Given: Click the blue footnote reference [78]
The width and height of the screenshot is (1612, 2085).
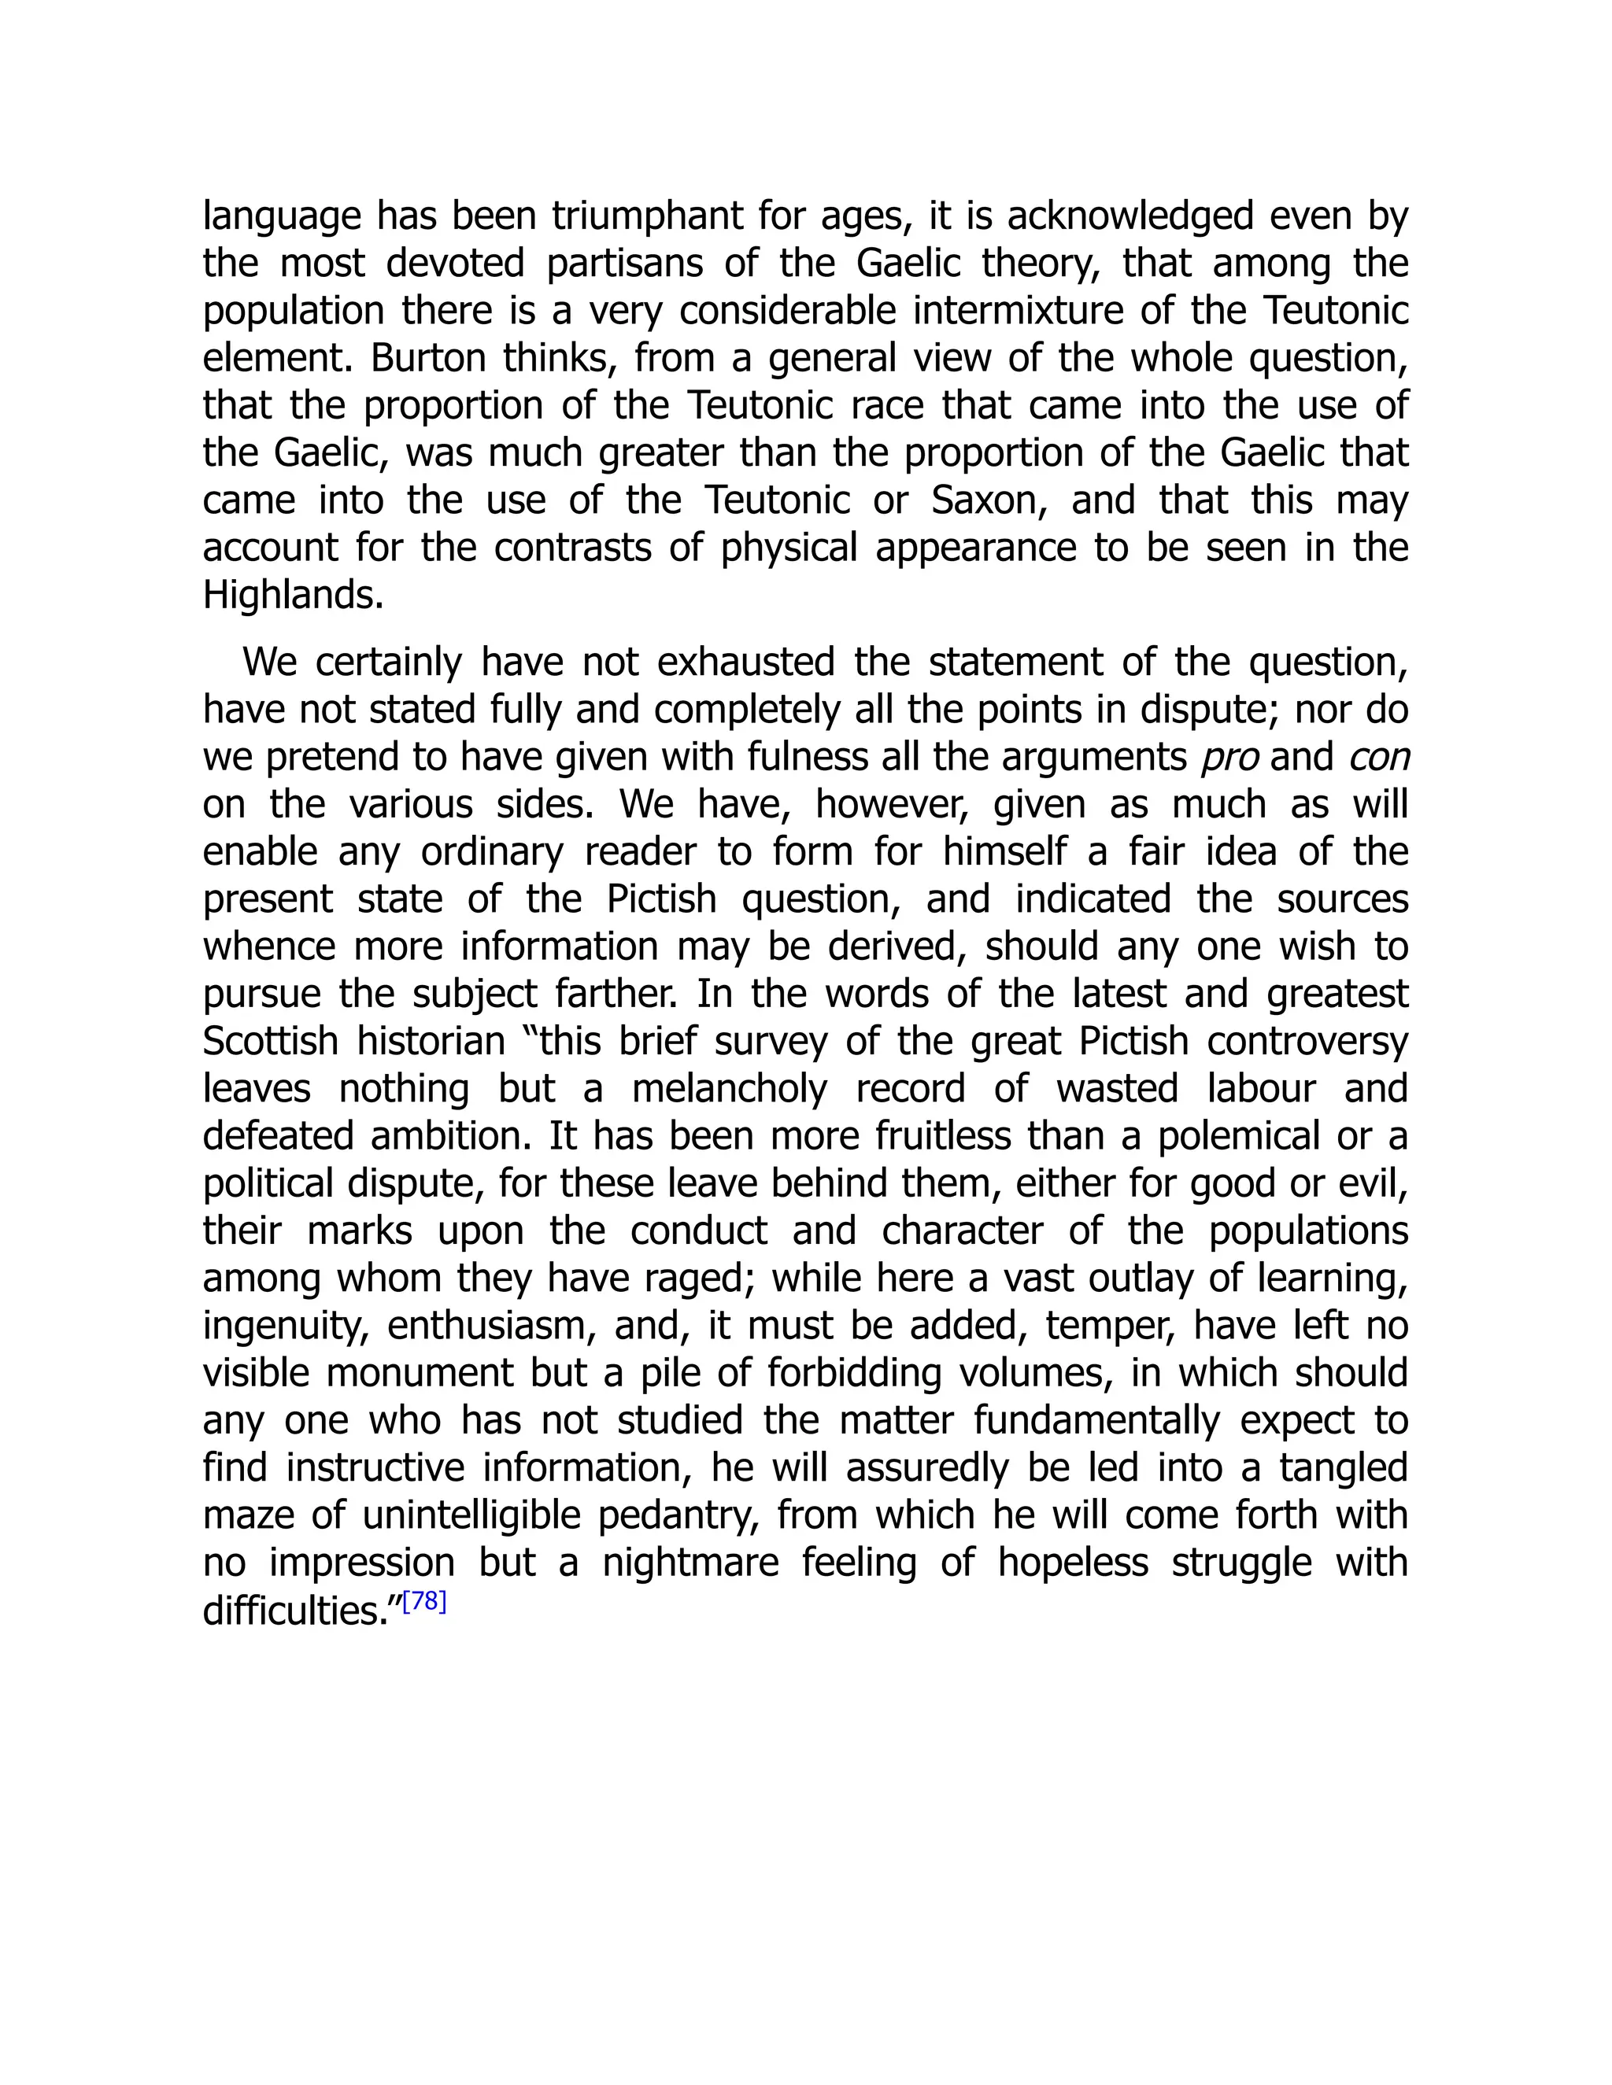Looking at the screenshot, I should pos(424,1602).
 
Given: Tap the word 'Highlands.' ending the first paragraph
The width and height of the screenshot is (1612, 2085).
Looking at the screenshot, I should pos(293,596).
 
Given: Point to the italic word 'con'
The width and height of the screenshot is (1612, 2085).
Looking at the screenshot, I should pos(1378,758).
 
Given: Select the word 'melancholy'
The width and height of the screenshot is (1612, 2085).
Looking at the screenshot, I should pos(729,1089).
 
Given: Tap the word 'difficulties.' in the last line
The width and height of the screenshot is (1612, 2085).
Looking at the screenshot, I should pos(298,1611).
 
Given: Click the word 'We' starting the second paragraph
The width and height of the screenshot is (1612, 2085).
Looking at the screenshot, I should pos(270,662).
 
